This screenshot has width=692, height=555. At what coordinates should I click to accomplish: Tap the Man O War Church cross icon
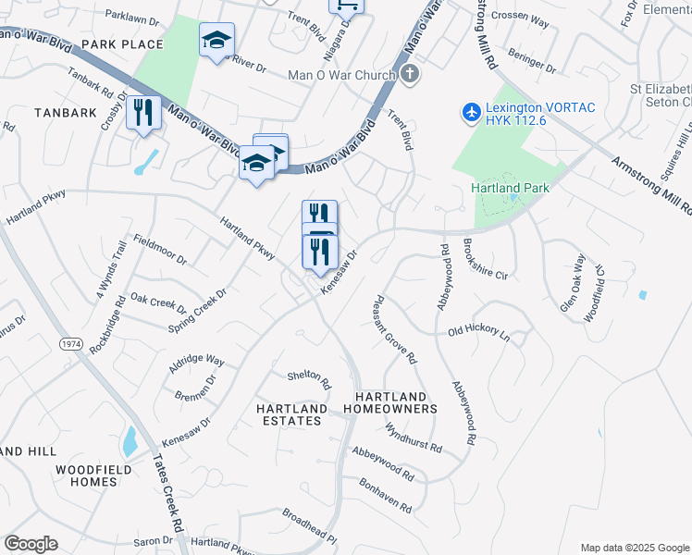click(411, 74)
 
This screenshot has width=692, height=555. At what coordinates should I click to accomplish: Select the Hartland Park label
click(510, 188)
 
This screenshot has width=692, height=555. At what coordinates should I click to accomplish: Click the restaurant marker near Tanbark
click(143, 113)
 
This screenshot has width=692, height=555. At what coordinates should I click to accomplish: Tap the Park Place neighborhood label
click(122, 44)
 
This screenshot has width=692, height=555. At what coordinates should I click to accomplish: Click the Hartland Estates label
click(291, 414)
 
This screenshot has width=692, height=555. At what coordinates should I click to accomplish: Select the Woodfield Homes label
click(98, 475)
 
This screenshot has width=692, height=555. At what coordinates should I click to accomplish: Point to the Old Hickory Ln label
click(478, 330)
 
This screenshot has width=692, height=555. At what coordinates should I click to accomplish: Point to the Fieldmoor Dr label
click(160, 249)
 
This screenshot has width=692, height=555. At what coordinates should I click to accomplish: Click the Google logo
click(31, 543)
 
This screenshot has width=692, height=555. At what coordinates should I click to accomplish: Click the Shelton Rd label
click(309, 377)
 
